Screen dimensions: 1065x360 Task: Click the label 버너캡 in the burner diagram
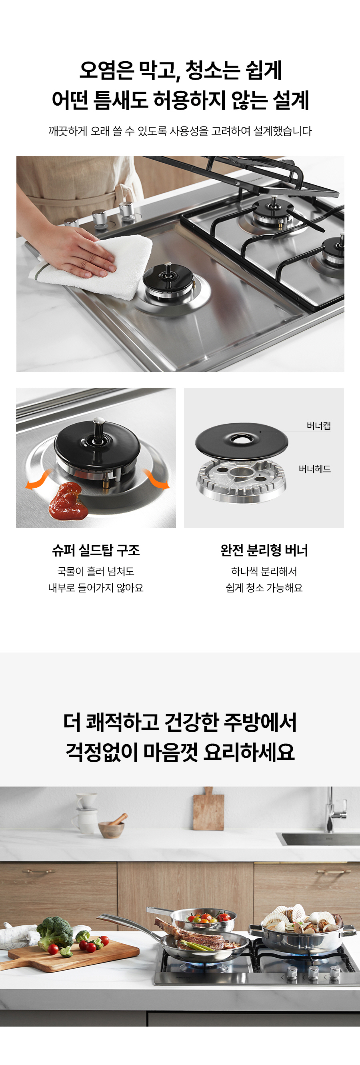click(x=318, y=426)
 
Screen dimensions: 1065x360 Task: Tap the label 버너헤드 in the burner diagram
click(x=314, y=469)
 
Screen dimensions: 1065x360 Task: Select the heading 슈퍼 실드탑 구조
click(x=96, y=550)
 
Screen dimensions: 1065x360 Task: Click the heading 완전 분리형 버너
click(x=264, y=550)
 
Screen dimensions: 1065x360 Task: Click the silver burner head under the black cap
click(x=241, y=481)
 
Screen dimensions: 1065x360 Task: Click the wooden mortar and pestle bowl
click(x=112, y=828)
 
